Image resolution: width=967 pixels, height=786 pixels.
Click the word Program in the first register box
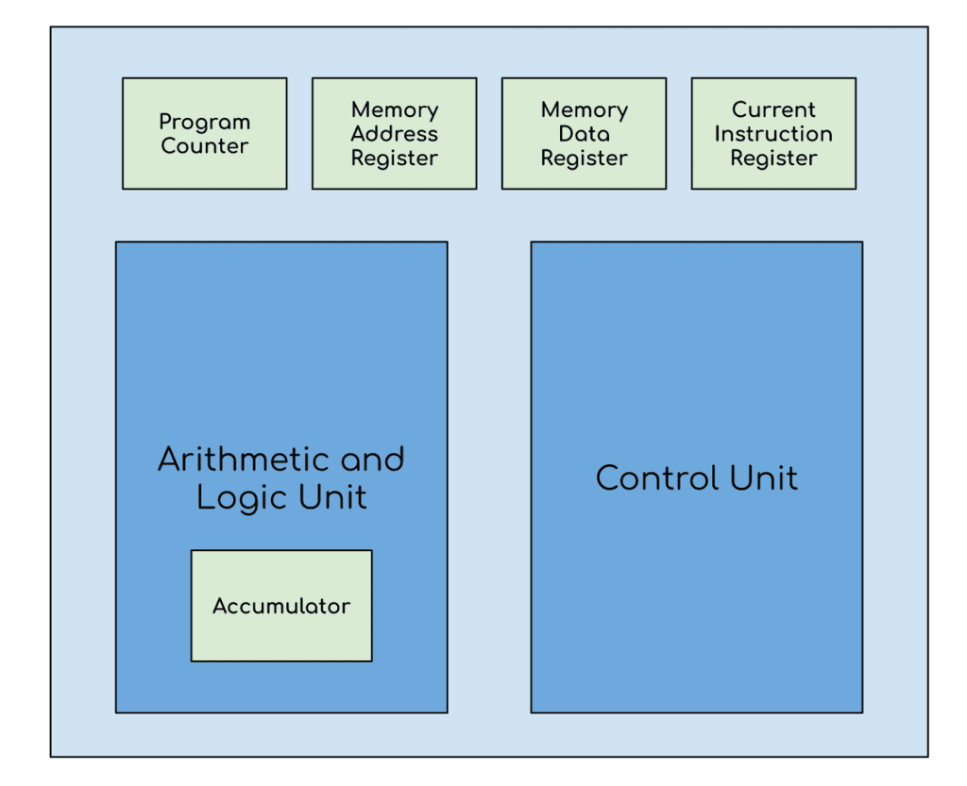(204, 123)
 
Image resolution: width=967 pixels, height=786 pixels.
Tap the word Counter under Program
(204, 146)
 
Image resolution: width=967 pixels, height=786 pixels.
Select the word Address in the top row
(394, 134)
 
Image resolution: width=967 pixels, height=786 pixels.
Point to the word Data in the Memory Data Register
(584, 134)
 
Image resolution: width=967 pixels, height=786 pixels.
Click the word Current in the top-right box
(773, 109)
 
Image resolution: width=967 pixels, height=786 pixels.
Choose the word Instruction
(773, 134)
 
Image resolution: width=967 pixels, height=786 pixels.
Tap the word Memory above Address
(394, 109)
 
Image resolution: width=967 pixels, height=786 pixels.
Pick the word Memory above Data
(584, 109)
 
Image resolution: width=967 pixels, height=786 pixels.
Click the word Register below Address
(394, 159)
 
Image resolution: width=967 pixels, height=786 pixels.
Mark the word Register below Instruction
(773, 159)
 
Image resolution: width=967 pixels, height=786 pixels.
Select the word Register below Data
(584, 159)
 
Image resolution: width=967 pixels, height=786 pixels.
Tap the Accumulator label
(280, 606)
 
